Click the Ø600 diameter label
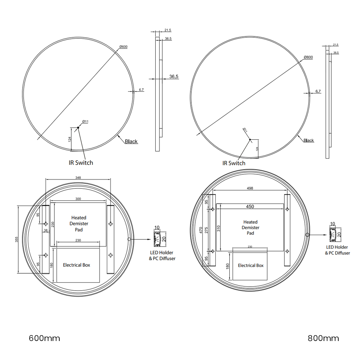[123, 47]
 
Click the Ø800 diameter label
[308, 57]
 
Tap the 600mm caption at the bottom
[44, 338]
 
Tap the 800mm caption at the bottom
[323, 338]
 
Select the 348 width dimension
[78, 177]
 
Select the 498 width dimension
[250, 188]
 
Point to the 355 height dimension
[17, 239]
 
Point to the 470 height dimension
[201, 230]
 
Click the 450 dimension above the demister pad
[250, 206]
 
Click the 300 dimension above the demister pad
[78, 199]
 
